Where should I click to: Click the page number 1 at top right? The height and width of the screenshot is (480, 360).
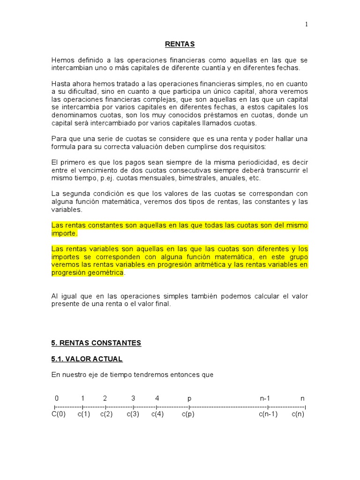coord(307,25)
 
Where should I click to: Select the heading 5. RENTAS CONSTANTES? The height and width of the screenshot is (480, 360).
coord(96,343)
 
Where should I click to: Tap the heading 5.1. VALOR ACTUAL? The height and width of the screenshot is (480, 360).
coord(87,359)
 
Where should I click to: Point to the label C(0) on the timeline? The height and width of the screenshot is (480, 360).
coord(59,414)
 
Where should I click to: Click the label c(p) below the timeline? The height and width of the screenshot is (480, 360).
coord(188,414)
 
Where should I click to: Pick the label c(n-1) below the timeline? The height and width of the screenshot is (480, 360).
coord(268,414)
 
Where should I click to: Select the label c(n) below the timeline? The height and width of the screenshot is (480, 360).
coord(298,414)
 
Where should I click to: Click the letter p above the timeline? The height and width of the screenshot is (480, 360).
coord(189,399)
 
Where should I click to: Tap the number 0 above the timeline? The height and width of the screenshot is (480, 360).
coord(57,398)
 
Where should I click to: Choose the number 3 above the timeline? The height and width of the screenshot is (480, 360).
coord(133,398)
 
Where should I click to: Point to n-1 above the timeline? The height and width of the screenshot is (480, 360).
coord(265,398)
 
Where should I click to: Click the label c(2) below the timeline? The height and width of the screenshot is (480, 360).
coord(106,414)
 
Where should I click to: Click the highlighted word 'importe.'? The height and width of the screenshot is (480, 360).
coord(64,233)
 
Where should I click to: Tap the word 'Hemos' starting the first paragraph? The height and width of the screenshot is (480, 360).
coord(63,60)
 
